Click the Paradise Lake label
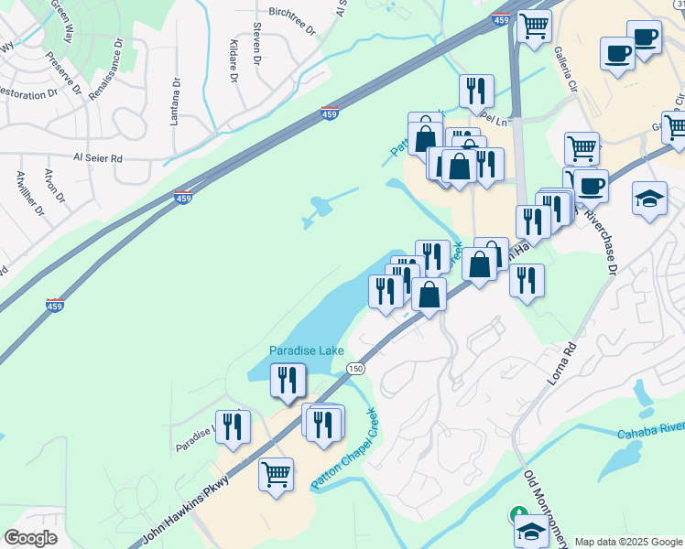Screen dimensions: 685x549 pos(306,350)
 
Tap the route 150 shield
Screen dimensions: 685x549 pos(355,368)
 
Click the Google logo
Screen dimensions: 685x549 pos(30,538)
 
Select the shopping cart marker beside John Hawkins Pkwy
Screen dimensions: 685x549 pos(276,474)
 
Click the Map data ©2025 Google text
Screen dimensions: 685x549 pos(628,542)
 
